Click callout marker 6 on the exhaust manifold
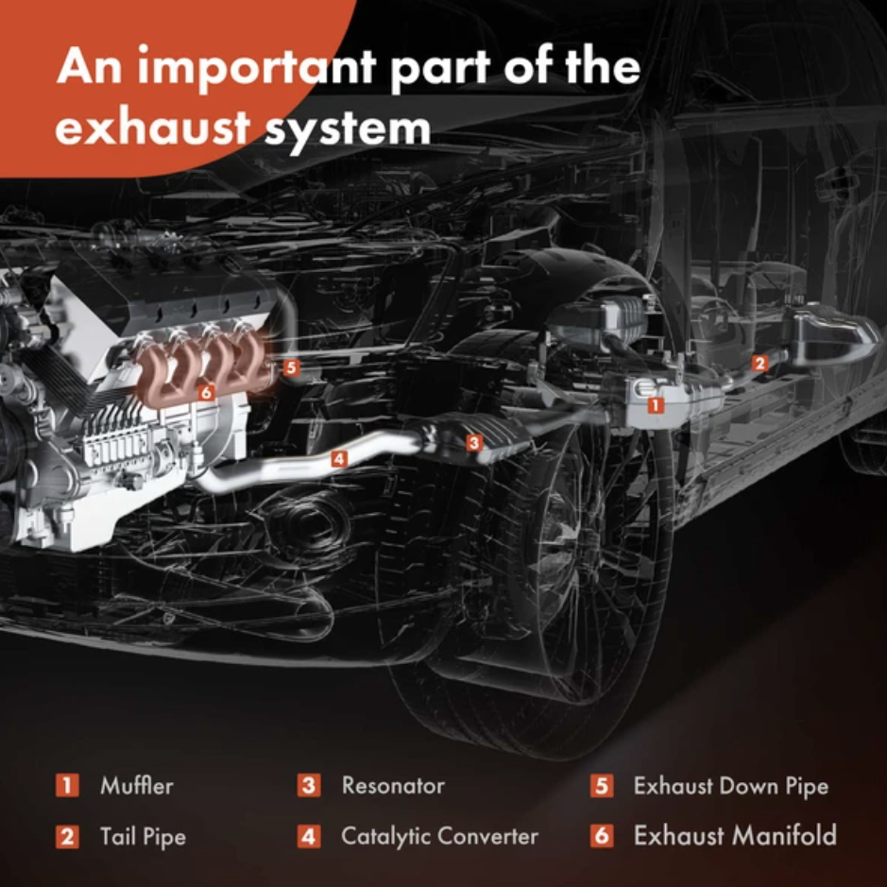point(206,392)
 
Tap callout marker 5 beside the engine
point(291,368)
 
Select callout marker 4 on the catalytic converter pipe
point(339,458)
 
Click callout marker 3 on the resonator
point(474,442)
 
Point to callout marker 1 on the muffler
point(656,405)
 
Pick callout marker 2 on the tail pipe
point(759,363)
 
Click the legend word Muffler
point(136,786)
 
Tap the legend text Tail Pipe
point(144,837)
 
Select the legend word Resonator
point(393,786)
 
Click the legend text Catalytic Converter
point(439,836)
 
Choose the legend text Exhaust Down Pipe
point(731,786)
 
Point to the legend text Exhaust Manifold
point(735,836)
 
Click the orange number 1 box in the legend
point(67,786)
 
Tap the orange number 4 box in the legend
point(309,837)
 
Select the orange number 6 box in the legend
point(602,836)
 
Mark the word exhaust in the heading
point(153,128)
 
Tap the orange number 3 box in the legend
point(309,786)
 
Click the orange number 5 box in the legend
point(602,786)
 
